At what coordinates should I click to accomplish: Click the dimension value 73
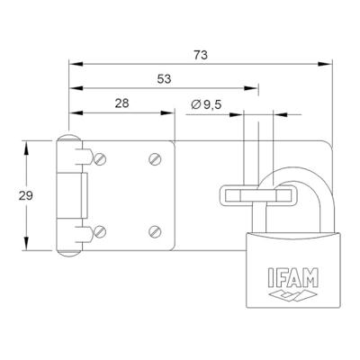pyautogui.click(x=201, y=55)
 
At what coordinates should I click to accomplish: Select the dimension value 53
pyautogui.click(x=163, y=79)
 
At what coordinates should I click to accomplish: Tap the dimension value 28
pyautogui.click(x=121, y=103)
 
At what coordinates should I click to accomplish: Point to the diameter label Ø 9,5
pyautogui.click(x=207, y=105)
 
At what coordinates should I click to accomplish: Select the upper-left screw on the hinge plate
pyautogui.click(x=100, y=159)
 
